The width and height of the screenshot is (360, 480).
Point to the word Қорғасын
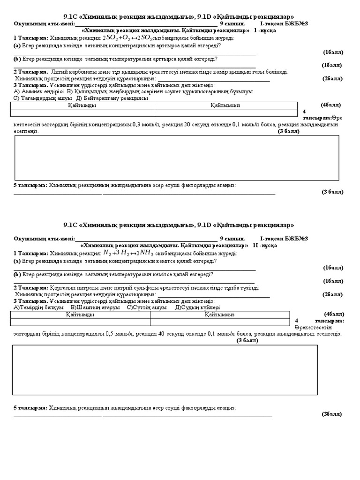point(61,287)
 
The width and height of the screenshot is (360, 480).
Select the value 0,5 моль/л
point(119,334)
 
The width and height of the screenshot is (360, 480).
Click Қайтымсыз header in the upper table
point(225,106)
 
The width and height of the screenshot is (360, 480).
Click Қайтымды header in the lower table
point(80,315)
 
